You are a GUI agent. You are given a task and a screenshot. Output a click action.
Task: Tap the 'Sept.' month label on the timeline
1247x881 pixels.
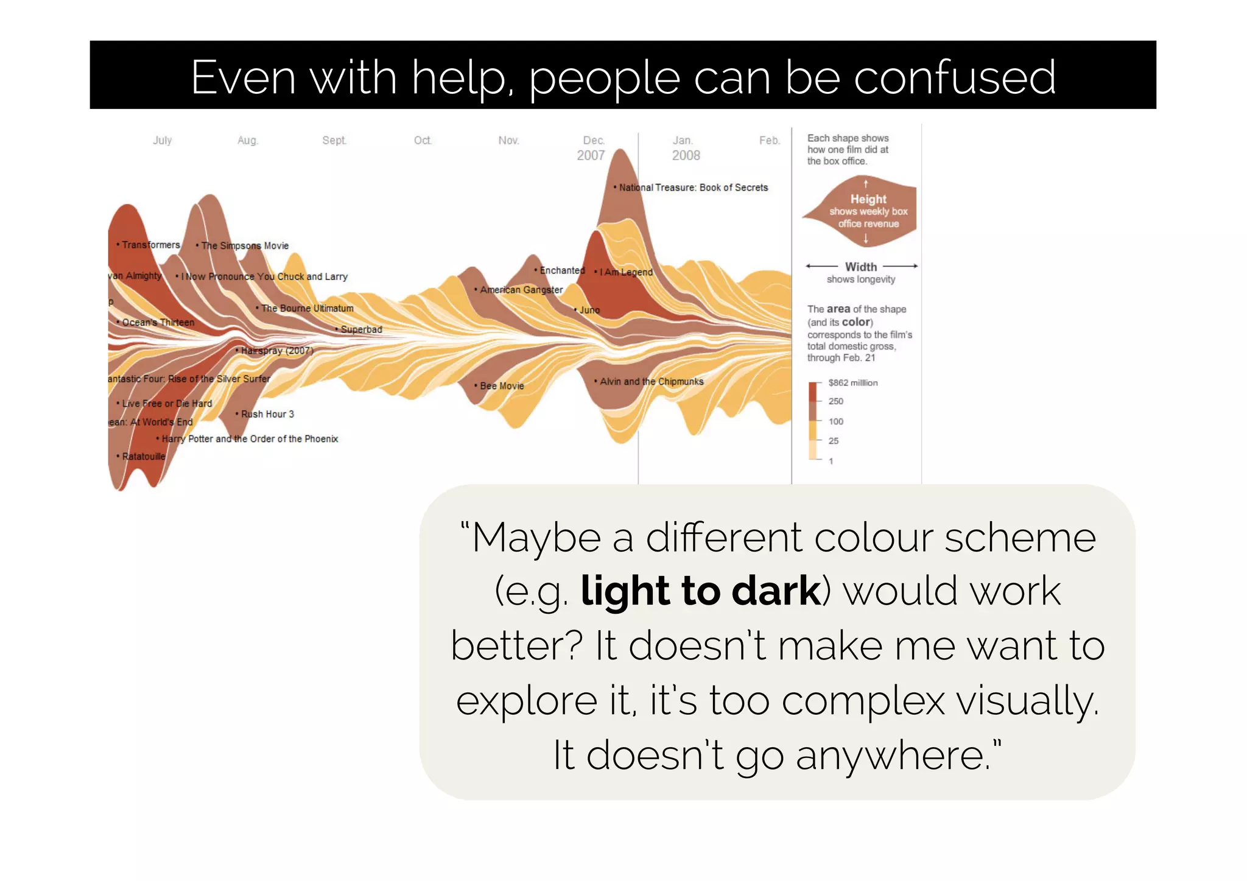(334, 141)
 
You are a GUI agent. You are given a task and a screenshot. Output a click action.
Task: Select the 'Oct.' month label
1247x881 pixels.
(423, 141)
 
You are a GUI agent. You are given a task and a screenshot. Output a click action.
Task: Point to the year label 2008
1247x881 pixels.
(686, 156)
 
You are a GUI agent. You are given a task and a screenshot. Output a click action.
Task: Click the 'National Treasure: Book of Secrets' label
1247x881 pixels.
(693, 188)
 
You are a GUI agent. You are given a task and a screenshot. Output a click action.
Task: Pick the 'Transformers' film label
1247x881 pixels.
(150, 245)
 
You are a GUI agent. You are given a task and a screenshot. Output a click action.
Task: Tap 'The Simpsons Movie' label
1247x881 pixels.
(244, 246)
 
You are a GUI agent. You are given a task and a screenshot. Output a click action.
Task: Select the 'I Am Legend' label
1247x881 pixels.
(625, 272)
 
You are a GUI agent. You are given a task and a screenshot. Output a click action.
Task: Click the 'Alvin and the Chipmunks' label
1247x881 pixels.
(651, 382)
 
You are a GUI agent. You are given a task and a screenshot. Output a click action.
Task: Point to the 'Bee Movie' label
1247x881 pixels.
(501, 386)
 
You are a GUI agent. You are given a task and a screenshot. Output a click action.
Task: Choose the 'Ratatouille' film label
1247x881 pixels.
(143, 457)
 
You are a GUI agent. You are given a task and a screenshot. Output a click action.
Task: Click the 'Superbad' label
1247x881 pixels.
(361, 330)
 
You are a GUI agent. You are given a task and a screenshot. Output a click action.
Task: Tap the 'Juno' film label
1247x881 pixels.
(589, 311)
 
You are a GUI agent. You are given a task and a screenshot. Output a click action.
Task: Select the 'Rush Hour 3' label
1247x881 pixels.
(267, 415)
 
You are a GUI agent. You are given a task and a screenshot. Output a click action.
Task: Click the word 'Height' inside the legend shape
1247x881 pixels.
(868, 199)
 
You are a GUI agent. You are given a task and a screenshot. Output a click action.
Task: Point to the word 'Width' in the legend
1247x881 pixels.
(861, 267)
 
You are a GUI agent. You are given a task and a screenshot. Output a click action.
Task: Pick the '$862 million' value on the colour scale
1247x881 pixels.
(853, 383)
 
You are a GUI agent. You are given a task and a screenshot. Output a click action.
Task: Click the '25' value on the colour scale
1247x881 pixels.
(834, 441)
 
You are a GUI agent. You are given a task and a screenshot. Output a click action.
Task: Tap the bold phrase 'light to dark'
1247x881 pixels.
(701, 591)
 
